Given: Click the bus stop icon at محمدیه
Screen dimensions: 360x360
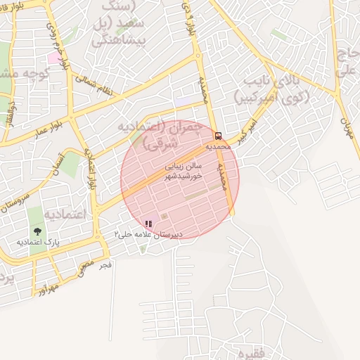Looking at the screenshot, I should [218, 136].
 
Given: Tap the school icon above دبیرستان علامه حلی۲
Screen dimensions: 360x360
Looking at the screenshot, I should [148, 224].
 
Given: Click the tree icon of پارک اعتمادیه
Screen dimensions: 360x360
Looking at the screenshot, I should [37, 231].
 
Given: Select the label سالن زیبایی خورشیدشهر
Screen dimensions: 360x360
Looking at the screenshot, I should [183, 172].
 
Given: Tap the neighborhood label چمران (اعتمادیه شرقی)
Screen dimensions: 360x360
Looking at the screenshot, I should [151, 134].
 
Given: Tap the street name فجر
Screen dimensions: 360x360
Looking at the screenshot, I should [106, 264].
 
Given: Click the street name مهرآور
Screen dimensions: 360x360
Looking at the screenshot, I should [44, 286].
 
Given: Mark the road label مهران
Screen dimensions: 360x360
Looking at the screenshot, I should [346, 127].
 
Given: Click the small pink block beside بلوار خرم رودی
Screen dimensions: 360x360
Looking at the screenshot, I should [53, 58].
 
